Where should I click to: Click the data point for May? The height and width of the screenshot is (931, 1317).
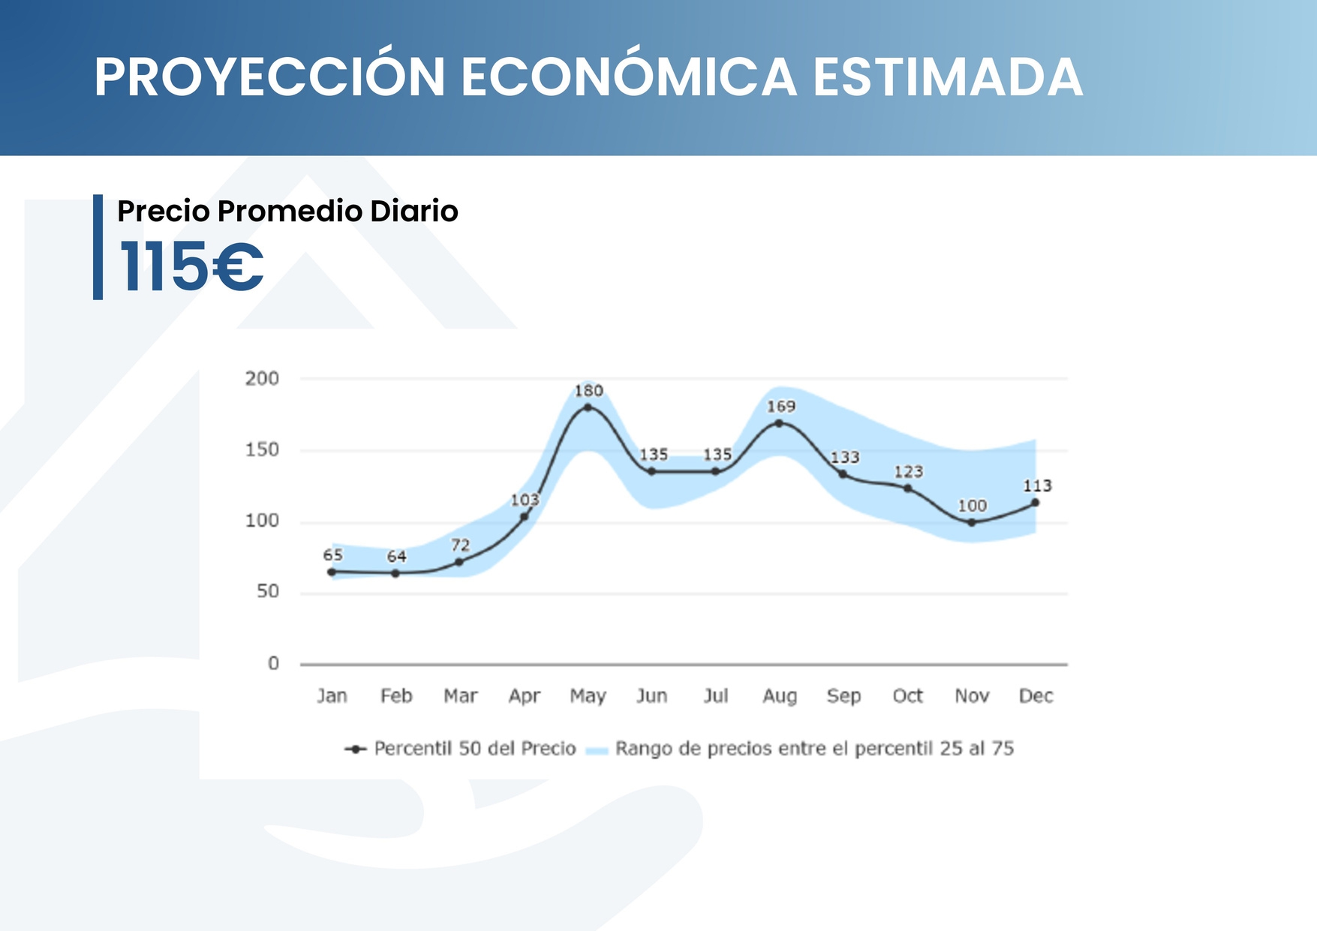[588, 407]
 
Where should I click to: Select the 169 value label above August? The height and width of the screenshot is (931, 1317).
[780, 407]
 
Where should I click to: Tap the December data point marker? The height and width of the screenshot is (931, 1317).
[1035, 503]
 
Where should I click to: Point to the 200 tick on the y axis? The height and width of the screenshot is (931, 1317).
[262, 379]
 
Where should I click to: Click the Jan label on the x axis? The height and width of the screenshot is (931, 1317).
[332, 696]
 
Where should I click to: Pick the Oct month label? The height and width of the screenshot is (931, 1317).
[907, 696]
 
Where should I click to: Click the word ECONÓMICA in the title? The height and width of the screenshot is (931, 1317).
[628, 77]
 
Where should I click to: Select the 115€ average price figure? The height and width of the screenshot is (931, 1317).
[191, 266]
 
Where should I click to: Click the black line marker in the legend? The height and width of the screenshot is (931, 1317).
[356, 749]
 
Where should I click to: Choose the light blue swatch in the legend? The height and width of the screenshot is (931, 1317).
[597, 749]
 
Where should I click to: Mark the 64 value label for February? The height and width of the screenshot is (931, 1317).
[396, 557]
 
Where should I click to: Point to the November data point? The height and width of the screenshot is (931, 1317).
[971, 522]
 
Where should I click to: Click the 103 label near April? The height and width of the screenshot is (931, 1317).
[525, 500]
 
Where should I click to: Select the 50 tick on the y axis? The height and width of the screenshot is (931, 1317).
[268, 592]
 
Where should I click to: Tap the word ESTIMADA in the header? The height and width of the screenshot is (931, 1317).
[948, 77]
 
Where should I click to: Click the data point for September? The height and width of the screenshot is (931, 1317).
[843, 474]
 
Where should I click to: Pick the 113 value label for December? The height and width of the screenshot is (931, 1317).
[1037, 486]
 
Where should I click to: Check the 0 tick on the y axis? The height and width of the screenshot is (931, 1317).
[273, 663]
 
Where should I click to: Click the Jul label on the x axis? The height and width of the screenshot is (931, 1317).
[716, 696]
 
